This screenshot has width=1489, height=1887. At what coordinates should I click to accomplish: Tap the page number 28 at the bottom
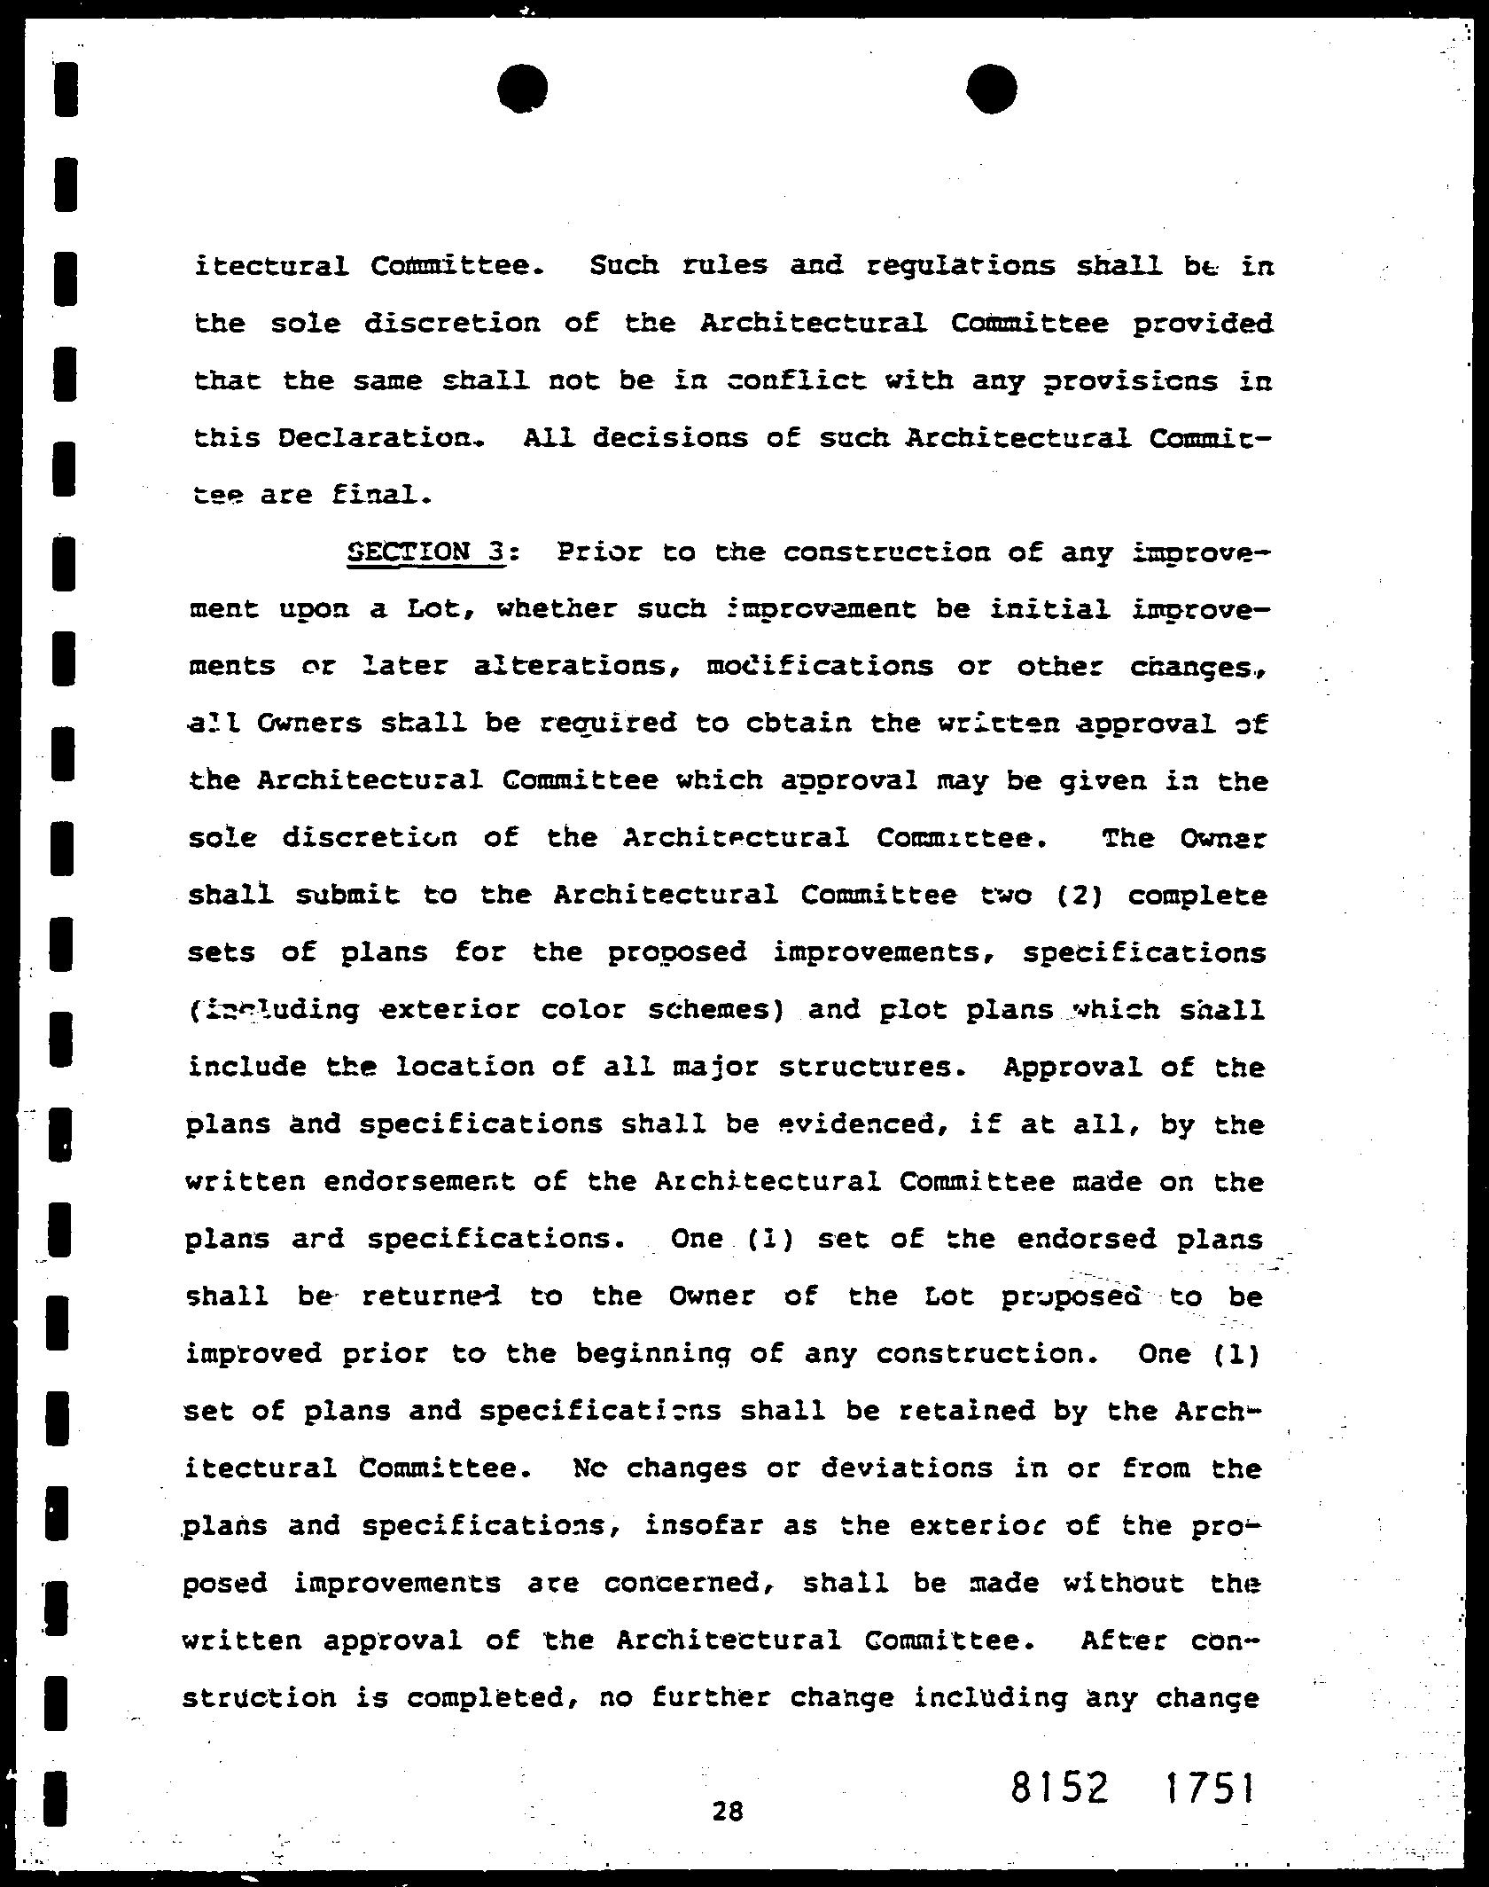tap(727, 1811)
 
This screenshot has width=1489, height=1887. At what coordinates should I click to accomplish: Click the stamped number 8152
tap(1059, 1789)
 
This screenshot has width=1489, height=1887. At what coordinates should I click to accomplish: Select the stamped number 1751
tap(1210, 1789)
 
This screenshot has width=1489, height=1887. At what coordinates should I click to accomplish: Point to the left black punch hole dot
tap(523, 89)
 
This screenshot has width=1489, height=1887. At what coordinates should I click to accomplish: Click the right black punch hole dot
tap(992, 89)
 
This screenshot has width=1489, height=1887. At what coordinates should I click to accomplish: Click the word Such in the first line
tap(624, 266)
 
